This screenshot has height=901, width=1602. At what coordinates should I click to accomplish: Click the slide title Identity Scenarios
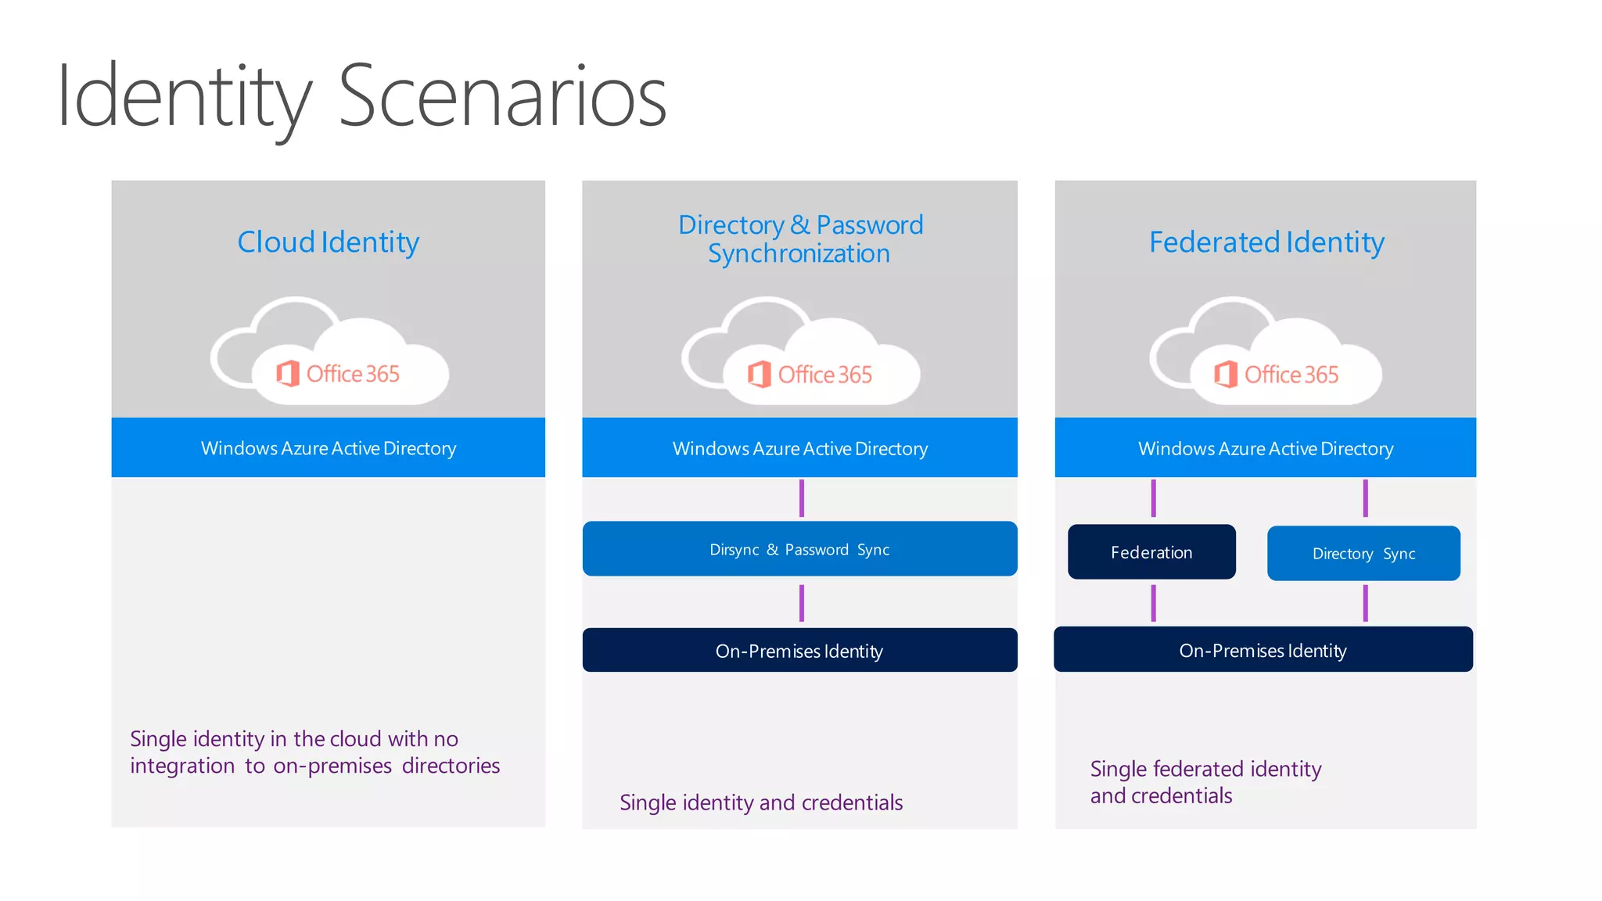click(361, 97)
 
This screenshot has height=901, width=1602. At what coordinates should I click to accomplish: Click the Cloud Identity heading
click(328, 242)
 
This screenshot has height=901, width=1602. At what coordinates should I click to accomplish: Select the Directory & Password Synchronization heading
click(799, 239)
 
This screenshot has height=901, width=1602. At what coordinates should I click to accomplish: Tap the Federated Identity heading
click(1266, 242)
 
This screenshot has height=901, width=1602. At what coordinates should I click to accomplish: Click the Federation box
click(1151, 552)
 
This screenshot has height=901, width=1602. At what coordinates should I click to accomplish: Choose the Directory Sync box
click(1363, 554)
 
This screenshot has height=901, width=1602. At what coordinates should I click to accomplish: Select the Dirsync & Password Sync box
click(799, 549)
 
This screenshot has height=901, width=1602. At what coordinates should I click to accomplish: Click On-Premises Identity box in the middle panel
click(799, 651)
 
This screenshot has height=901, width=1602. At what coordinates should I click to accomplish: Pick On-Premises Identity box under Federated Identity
click(1263, 650)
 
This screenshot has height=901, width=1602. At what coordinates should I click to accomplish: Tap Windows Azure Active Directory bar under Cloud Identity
click(328, 448)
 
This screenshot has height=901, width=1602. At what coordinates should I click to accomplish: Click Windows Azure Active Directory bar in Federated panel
click(1265, 448)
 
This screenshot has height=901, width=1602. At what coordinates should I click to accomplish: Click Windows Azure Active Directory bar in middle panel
click(799, 448)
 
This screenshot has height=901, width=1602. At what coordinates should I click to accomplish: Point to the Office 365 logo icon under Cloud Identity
click(287, 374)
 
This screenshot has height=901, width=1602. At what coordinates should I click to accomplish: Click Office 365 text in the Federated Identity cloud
click(1291, 375)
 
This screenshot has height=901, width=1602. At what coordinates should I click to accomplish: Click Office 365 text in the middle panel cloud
click(824, 375)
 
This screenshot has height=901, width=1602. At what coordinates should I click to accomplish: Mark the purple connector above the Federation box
click(1153, 498)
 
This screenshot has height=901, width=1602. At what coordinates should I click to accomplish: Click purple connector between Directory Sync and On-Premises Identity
click(1365, 603)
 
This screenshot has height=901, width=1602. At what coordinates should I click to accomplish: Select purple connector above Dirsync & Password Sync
click(801, 498)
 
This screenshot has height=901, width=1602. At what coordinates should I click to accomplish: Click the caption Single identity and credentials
click(760, 802)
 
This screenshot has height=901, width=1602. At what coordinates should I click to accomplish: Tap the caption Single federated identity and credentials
click(1205, 782)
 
